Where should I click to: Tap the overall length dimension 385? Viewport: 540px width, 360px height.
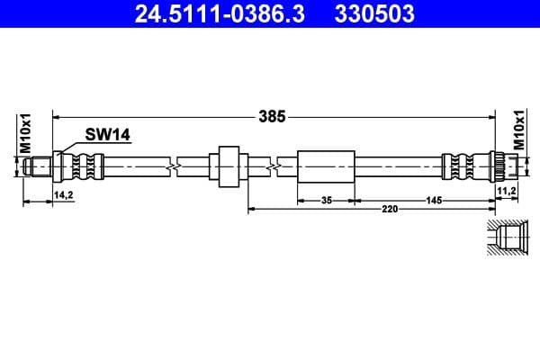272,116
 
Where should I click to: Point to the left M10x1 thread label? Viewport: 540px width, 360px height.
26,132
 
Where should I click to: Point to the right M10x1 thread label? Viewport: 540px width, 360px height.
518,131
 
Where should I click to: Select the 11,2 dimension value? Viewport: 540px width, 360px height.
506,192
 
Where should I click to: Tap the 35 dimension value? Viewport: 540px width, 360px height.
327,200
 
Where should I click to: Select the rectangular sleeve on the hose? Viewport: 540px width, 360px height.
326,166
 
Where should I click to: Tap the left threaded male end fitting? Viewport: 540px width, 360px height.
40,166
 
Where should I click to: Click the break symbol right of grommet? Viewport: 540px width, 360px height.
272,166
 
